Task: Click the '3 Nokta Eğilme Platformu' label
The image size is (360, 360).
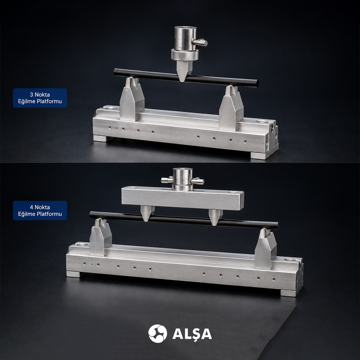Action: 40,98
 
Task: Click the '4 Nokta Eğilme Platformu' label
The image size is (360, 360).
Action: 40,211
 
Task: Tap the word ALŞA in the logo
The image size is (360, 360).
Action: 192,334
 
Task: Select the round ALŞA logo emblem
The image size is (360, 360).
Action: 157,333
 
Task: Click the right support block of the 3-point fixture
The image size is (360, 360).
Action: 231,108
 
